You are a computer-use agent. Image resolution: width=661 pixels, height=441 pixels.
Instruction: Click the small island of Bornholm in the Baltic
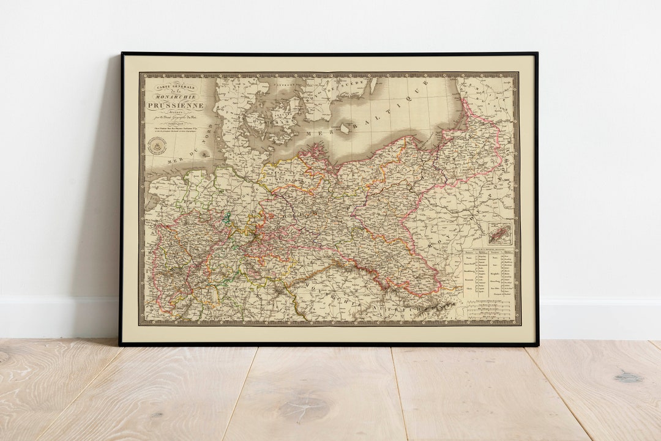(345, 128)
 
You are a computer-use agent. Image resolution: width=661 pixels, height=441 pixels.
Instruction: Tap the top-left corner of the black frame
(122, 54)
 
